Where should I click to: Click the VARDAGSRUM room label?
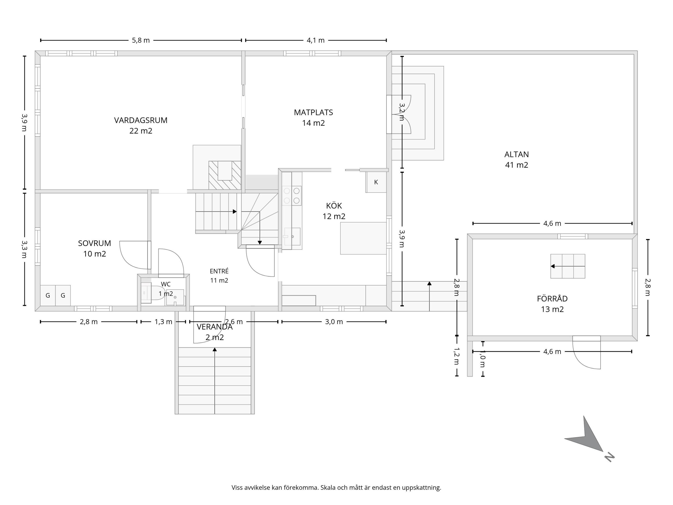pyautogui.click(x=141, y=120)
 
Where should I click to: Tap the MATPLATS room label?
pyautogui.click(x=313, y=112)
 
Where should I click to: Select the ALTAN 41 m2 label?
pyautogui.click(x=517, y=159)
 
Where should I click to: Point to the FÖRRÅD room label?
pyautogui.click(x=552, y=299)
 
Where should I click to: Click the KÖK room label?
pyautogui.click(x=334, y=206)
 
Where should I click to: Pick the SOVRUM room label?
pyautogui.click(x=95, y=243)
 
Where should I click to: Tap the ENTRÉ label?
pyautogui.click(x=219, y=271)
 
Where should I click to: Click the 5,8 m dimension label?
pyautogui.click(x=141, y=40)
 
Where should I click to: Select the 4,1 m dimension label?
pyautogui.click(x=315, y=40)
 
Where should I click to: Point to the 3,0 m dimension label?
pyautogui.click(x=334, y=322)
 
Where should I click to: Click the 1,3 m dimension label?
pyautogui.click(x=163, y=322)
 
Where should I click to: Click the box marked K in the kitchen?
pyautogui.click(x=376, y=182)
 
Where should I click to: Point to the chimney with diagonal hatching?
pyautogui.click(x=225, y=175)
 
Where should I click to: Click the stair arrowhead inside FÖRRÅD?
pyautogui.click(x=553, y=266)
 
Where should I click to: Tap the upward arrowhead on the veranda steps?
pyautogui.click(x=215, y=350)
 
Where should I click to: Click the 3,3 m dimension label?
pyautogui.click(x=24, y=249)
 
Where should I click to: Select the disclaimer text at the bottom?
pyautogui.click(x=336, y=488)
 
